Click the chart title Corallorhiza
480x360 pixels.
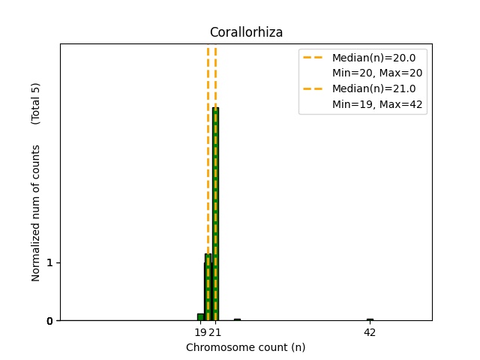(245, 32)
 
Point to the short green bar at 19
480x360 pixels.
(200, 317)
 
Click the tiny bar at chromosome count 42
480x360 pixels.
(370, 319)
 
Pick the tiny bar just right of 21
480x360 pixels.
(237, 319)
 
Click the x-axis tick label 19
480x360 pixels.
(200, 332)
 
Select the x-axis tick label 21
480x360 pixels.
(215, 332)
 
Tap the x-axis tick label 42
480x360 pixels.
(370, 332)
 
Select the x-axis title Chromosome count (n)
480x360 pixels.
(245, 347)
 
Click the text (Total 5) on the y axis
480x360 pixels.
(35, 103)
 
